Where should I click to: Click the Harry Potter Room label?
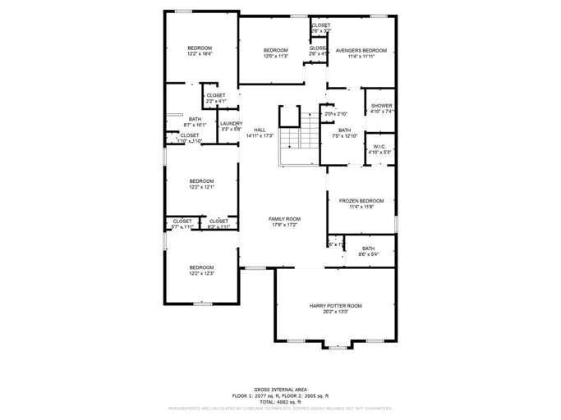point(335,306)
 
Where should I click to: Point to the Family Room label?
point(285,219)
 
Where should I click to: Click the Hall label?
point(260,130)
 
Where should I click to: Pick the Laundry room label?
point(231,124)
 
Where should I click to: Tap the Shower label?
point(381,106)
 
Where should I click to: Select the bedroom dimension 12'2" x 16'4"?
point(200,54)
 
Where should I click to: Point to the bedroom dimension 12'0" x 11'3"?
point(275,56)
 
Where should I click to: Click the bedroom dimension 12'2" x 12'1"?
point(201,187)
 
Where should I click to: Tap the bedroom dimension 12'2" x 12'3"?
point(201,273)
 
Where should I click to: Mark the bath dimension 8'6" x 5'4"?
point(368,254)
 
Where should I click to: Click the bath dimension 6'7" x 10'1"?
point(195,125)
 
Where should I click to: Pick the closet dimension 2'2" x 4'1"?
point(216,101)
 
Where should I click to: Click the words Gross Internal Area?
point(280,390)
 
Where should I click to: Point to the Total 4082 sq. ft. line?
point(280,401)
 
